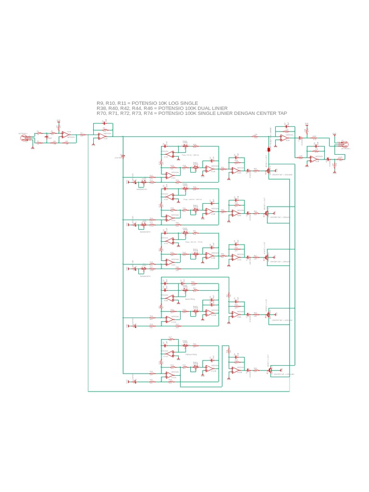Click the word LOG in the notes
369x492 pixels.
pyautogui.click(x=174, y=103)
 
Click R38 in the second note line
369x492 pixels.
pyautogui.click(x=101, y=109)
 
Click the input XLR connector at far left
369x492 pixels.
pyautogui.click(x=23, y=138)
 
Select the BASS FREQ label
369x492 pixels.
pyautogui.click(x=190, y=299)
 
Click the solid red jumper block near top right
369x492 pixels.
pyautogui.click(x=269, y=149)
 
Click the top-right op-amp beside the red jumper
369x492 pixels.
pyautogui.click(x=284, y=137)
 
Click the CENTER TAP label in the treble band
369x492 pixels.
pyautogui.click(x=284, y=374)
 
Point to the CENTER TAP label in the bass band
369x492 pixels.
pyautogui.click(x=282, y=320)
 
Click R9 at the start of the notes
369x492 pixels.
pyautogui.click(x=99, y=103)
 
